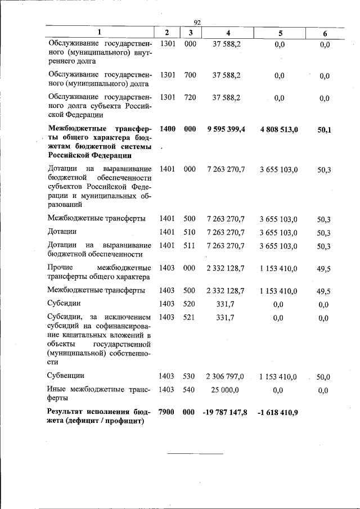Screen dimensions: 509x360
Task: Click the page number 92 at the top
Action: tap(197, 22)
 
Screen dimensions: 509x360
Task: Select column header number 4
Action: tap(226, 33)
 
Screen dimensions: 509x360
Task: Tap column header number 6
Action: tap(325, 34)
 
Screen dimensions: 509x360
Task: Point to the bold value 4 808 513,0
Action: tap(279, 129)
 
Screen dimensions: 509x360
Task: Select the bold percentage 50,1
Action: tap(324, 130)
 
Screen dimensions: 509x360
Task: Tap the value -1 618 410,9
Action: tap(279, 413)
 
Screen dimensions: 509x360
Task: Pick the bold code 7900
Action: tap(167, 412)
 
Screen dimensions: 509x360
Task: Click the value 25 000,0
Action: tap(226, 390)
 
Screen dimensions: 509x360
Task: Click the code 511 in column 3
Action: tap(189, 245)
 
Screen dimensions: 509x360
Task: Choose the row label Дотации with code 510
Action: tap(62, 231)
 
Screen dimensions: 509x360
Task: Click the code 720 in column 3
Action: tap(190, 97)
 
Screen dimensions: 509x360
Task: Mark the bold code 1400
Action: tap(167, 129)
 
